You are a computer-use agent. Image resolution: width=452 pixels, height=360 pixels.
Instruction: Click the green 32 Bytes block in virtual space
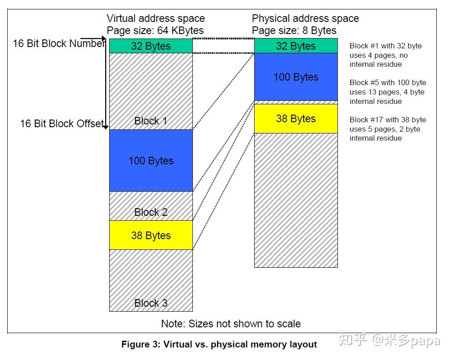click(151, 46)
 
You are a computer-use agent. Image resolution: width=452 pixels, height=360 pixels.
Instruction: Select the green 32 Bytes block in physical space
click(296, 46)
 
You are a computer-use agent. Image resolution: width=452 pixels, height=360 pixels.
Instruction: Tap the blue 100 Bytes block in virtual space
click(151, 160)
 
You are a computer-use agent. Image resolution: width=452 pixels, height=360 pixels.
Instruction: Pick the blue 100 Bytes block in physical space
click(296, 77)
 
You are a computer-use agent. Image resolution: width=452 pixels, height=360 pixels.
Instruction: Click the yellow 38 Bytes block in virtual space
click(151, 235)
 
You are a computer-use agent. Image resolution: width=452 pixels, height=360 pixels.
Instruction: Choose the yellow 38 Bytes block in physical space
click(296, 119)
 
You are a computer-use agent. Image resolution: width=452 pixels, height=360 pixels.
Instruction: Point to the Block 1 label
click(151, 121)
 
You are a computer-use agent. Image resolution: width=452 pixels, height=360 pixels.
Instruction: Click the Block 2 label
click(151, 212)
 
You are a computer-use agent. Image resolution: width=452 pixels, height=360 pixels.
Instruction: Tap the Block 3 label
click(151, 303)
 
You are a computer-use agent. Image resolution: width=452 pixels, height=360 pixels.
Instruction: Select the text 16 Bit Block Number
click(59, 43)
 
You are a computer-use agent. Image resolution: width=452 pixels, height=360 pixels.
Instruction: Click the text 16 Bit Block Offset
click(62, 124)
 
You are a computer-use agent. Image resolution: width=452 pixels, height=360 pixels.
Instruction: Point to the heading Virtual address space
click(156, 18)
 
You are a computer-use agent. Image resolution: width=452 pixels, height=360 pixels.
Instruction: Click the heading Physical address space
click(305, 18)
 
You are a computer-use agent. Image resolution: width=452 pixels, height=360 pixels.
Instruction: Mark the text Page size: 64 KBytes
click(155, 30)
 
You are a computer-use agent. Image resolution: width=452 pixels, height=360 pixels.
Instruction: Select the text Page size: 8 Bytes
click(294, 30)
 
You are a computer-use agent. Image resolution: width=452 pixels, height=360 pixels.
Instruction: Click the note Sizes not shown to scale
click(231, 324)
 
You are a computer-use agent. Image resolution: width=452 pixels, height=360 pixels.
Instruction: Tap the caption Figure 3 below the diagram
click(219, 344)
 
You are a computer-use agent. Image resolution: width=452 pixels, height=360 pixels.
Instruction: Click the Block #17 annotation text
click(388, 129)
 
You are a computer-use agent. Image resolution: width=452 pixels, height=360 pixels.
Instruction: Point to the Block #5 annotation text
click(388, 92)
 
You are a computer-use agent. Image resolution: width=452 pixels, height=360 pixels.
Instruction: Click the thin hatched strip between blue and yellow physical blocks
click(296, 103)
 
